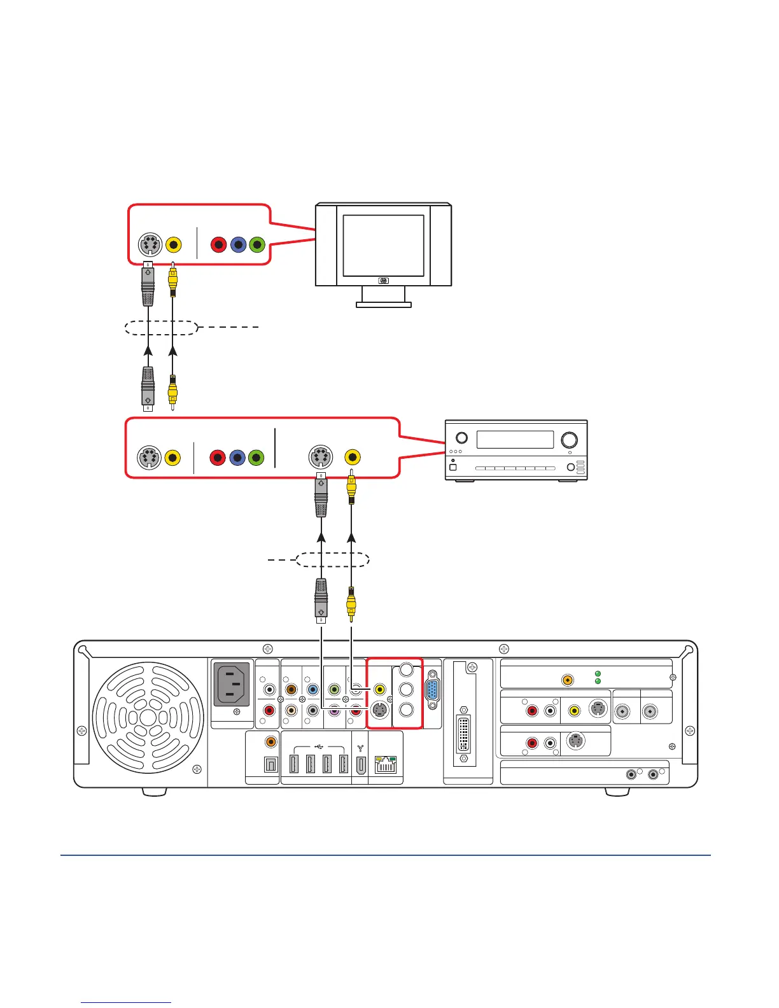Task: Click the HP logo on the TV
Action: pos(383,281)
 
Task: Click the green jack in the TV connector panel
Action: pos(257,244)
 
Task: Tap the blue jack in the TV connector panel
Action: pos(238,244)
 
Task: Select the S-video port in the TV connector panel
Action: pos(150,245)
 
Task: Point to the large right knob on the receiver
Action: pos(569,439)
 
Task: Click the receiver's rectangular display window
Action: pos(515,439)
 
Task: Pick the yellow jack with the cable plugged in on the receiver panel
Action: pos(352,457)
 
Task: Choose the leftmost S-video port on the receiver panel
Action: pos(149,458)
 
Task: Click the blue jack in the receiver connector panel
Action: pos(237,458)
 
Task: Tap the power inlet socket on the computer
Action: pos(232,684)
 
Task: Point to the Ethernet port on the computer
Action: pos(386,764)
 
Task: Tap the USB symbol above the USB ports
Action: pos(319,746)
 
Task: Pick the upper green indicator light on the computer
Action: pos(598,673)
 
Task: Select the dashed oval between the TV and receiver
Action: pos(161,328)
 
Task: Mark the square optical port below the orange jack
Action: pos(270,764)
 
